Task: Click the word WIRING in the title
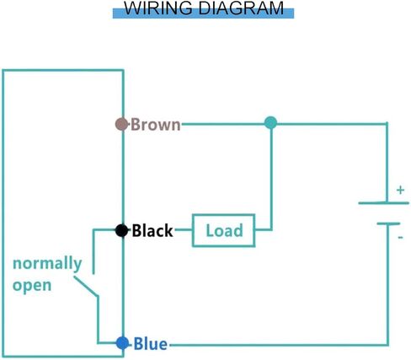pos(158,8)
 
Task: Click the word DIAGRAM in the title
pos(241,8)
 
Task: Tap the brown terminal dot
pos(121,124)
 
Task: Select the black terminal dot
pos(121,230)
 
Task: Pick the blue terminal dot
pos(122,343)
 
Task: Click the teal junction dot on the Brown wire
pos(270,123)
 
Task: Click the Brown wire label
pos(156,124)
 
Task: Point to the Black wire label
pos(152,231)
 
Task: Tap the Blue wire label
pos(151,344)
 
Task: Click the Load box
pos(223,230)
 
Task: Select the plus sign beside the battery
pos(400,191)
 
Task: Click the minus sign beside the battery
pos(400,238)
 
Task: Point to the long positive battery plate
pos(383,202)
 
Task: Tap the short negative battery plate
pos(388,223)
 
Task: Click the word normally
pos(47,265)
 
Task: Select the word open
pos(32,286)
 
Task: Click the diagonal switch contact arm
pos(86,287)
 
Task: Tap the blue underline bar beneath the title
pos(203,13)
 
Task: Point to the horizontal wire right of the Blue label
pos(279,345)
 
